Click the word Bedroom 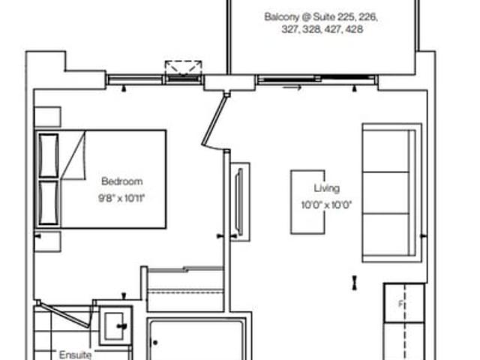121,181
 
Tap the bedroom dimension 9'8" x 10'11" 121,198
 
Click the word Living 327,188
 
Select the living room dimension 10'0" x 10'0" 326,205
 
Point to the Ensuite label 75,355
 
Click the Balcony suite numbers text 322,23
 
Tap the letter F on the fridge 400,304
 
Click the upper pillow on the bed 48,155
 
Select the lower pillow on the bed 48,202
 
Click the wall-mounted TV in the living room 240,202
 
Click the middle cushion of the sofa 385,193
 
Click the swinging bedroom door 214,120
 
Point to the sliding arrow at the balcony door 292,88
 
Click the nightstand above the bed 47,117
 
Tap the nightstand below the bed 47,241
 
